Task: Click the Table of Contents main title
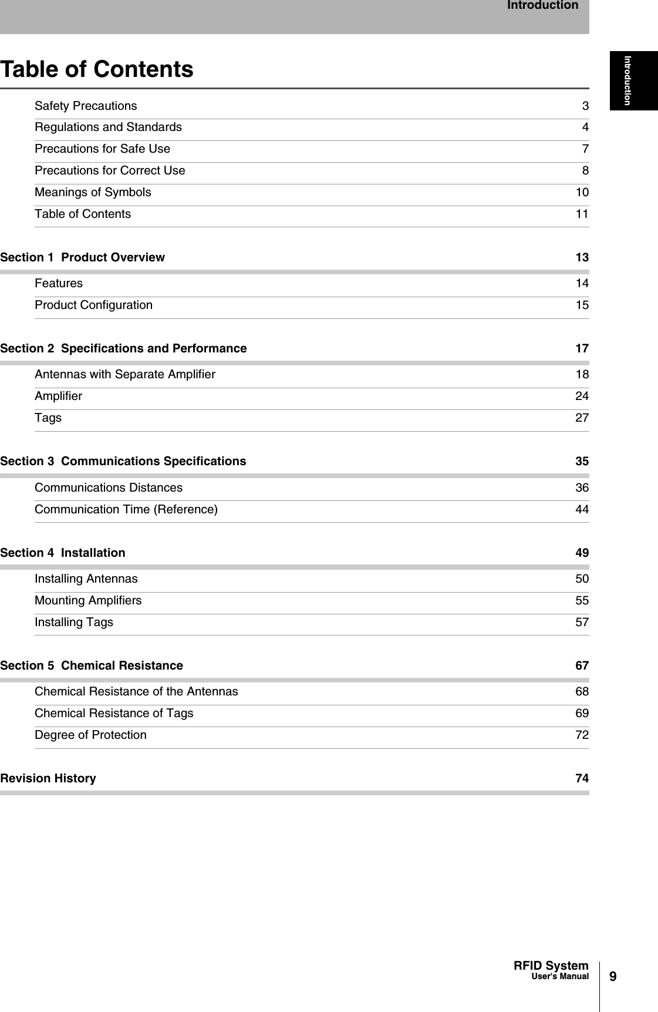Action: tap(97, 69)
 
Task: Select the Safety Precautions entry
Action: tap(86, 106)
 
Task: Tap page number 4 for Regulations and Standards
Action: tap(585, 127)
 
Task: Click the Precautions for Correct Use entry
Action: tap(110, 171)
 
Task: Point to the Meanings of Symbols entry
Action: tap(93, 193)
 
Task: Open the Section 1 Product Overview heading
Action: tap(83, 258)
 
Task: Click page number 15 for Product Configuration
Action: tap(581, 305)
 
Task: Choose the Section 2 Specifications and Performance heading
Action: tap(124, 349)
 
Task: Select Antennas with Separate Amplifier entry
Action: tap(125, 375)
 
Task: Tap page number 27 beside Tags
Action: tap(581, 418)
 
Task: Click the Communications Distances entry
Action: tap(109, 488)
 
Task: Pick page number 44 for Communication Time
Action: tap(581, 510)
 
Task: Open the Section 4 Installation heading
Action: tap(63, 553)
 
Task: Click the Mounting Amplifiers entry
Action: tap(88, 601)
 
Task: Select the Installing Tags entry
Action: tap(74, 623)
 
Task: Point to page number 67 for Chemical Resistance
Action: tap(581, 666)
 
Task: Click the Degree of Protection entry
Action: tap(90, 735)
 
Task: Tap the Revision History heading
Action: tap(48, 779)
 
